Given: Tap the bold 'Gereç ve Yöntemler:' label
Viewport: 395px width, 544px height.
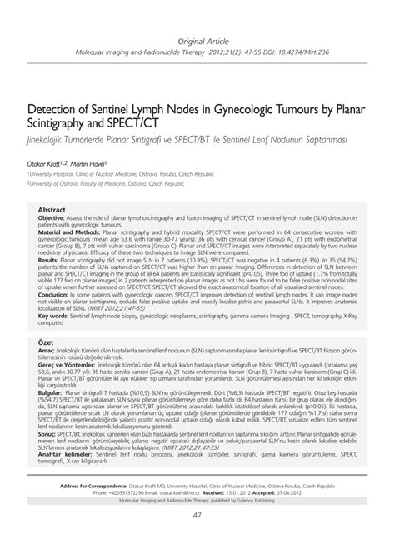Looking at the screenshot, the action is click(70, 409).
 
